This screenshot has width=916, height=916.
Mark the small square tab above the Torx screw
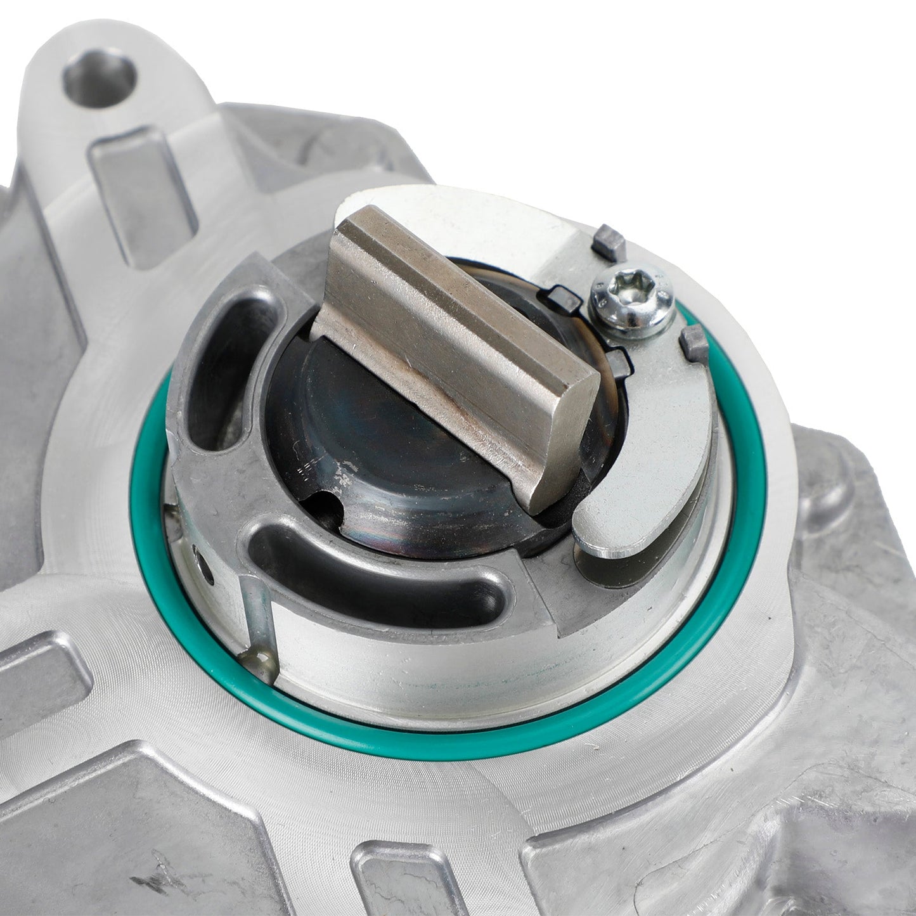click(x=612, y=240)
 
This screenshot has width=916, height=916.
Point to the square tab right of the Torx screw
click(x=695, y=346)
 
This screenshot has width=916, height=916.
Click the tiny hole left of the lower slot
click(x=202, y=560)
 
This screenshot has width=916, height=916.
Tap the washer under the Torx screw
click(x=634, y=317)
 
